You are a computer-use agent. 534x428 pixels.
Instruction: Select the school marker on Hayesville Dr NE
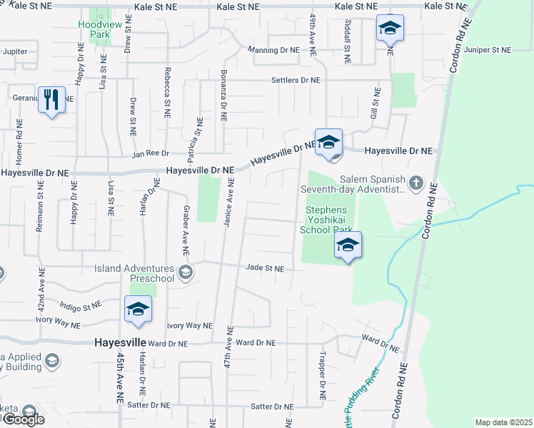(328, 142)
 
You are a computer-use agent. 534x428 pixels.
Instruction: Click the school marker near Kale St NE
(390, 29)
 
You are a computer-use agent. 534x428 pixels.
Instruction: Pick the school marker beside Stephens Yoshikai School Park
(348, 245)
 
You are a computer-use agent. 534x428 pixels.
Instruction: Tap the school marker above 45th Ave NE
(138, 309)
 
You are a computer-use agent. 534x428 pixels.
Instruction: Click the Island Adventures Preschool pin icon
(186, 272)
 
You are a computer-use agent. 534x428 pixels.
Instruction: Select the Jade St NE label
(265, 268)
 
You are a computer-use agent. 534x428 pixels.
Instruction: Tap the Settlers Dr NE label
(295, 80)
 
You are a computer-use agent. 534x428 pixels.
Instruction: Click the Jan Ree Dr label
(150, 153)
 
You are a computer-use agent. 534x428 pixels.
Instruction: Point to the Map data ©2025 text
(503, 422)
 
